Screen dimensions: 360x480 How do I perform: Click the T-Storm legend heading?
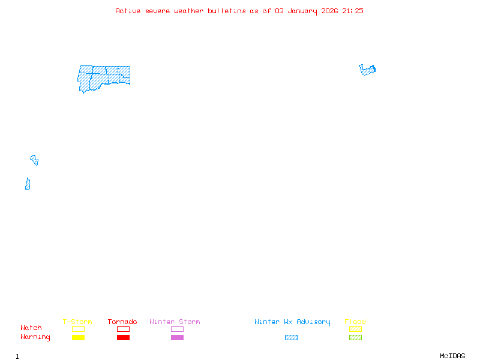click(x=77, y=322)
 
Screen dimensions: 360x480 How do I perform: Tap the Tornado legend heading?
click(x=122, y=322)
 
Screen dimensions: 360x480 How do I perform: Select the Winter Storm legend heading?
click(x=175, y=322)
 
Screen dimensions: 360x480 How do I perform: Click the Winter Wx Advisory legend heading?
click(x=292, y=322)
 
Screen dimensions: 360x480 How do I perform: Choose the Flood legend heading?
click(x=355, y=322)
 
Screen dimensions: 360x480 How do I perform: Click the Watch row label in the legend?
click(x=31, y=328)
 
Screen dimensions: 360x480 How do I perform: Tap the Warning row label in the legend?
click(x=35, y=337)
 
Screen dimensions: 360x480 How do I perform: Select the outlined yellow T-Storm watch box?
click(x=78, y=329)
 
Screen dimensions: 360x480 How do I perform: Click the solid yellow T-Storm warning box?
click(x=78, y=337)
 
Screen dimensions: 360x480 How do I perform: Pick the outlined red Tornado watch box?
click(x=123, y=329)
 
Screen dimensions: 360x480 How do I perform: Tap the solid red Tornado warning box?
click(x=123, y=337)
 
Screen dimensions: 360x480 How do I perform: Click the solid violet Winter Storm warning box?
click(x=177, y=337)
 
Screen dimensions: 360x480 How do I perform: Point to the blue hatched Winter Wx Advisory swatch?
click(x=291, y=337)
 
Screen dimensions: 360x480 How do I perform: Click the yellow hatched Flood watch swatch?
click(x=355, y=329)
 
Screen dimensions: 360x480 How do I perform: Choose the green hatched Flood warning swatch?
click(x=355, y=337)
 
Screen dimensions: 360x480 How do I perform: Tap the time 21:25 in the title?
click(x=353, y=11)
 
